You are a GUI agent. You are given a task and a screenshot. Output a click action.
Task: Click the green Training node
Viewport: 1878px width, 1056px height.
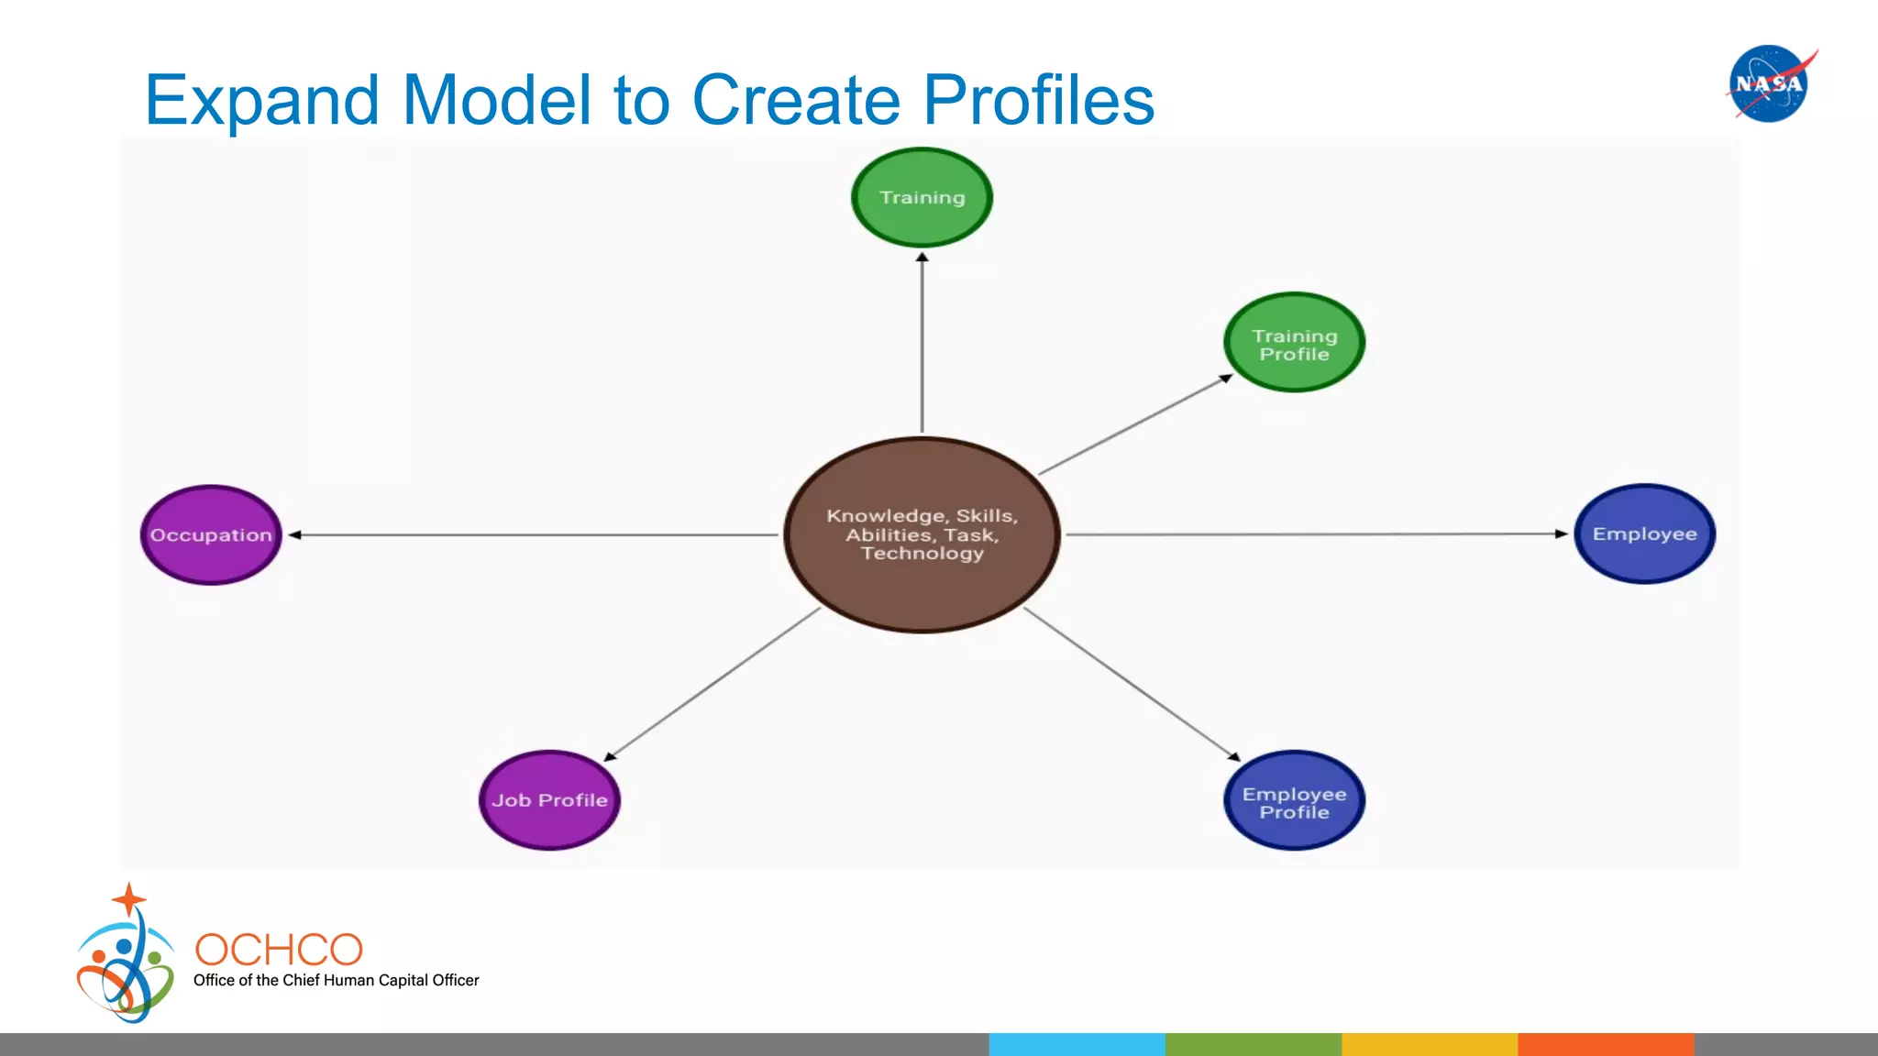click(x=922, y=197)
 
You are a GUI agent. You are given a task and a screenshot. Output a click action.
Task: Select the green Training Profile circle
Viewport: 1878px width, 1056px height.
click(x=1294, y=343)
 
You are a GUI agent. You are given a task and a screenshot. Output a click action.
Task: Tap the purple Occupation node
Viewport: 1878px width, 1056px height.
click(x=211, y=534)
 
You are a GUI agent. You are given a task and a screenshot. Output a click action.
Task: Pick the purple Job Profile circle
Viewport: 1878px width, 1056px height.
click(x=549, y=800)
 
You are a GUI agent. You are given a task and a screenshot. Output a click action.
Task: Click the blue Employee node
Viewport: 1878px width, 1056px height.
click(x=1644, y=533)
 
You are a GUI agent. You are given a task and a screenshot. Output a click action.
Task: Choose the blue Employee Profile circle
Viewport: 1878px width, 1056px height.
click(x=1294, y=801)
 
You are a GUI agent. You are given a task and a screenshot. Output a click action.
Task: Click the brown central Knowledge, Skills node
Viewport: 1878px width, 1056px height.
click(x=922, y=534)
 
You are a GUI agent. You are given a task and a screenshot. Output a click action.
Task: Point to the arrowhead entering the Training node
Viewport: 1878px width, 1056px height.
click(x=922, y=258)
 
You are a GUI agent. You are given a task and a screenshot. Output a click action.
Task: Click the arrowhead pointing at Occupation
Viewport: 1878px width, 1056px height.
click(x=295, y=534)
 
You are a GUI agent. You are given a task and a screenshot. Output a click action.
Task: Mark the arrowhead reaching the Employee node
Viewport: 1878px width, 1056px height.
click(x=1561, y=533)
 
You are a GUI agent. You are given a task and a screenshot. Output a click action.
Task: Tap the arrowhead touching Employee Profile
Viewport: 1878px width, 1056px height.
click(x=1234, y=756)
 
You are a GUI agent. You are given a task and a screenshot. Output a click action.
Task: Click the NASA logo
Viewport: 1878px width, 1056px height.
click(x=1769, y=83)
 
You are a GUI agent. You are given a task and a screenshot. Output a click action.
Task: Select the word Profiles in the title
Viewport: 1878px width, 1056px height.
click(x=1038, y=100)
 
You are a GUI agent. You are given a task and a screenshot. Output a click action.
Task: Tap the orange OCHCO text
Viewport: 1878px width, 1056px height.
click(x=279, y=950)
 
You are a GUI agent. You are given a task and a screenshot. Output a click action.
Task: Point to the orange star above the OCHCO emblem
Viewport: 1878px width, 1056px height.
click(x=128, y=899)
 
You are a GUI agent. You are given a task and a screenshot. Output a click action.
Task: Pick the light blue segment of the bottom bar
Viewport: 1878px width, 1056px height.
click(x=1077, y=1044)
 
